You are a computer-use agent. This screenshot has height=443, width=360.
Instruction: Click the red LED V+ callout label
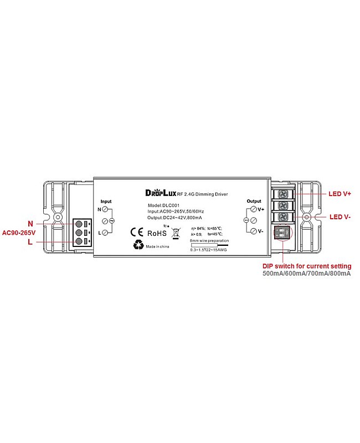click(340, 194)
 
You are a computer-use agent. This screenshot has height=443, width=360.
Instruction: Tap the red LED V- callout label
click(340, 217)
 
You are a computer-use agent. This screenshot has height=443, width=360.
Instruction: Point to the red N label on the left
click(30, 223)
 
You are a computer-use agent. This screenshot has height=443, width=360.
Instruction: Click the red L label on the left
click(30, 242)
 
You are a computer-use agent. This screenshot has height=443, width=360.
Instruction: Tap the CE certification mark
click(136, 232)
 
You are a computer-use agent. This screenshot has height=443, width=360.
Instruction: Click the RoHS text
click(156, 232)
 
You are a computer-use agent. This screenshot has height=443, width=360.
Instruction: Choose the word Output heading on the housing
click(254, 201)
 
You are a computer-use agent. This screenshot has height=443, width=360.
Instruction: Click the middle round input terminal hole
click(79, 233)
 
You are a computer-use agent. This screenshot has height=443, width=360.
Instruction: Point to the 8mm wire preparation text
click(208, 241)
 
